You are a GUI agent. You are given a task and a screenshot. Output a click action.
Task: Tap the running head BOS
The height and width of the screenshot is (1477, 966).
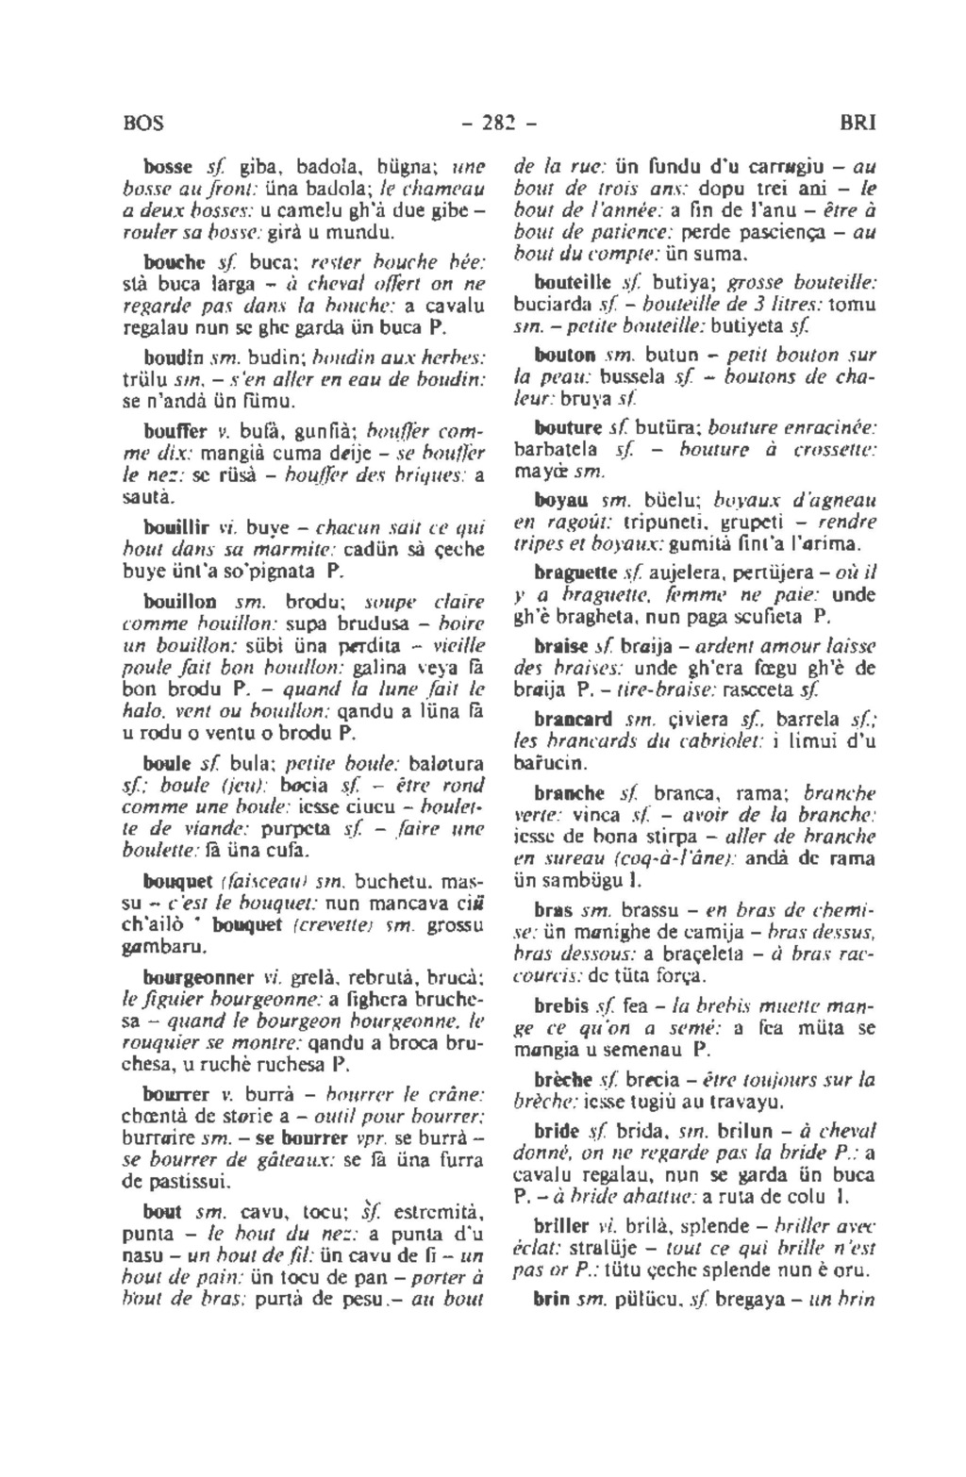click(143, 124)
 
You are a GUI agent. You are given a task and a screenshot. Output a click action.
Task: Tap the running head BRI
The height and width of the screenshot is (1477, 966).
click(857, 124)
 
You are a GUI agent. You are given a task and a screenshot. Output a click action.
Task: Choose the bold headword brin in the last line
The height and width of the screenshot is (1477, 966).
click(550, 1300)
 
